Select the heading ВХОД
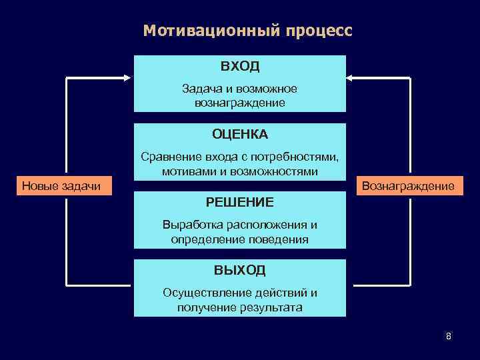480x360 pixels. [x=240, y=67]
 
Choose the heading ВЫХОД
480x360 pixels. [x=240, y=269]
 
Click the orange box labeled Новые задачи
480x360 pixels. [x=61, y=186]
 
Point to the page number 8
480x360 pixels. [x=449, y=336]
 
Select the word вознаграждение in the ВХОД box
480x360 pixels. [x=240, y=103]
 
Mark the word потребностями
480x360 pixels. [x=297, y=157]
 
